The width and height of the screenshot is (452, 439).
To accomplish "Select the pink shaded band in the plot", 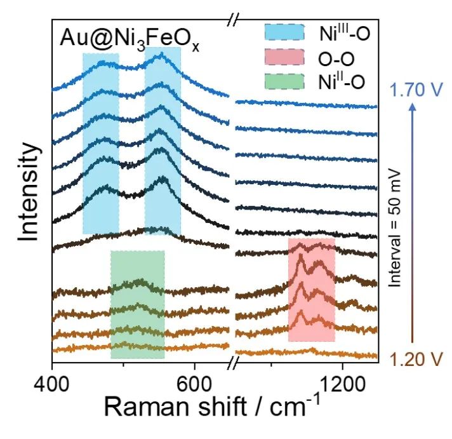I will click(x=311, y=289).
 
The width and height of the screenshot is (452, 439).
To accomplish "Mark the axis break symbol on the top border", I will click(x=232, y=22).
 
